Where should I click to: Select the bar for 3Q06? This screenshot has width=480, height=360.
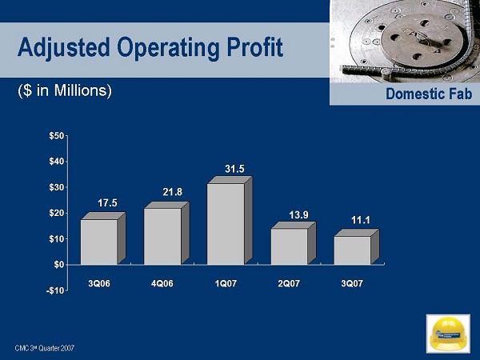coord(99,242)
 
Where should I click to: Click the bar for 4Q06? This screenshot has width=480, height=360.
coord(162,236)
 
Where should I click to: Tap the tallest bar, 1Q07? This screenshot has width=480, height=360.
coord(226,224)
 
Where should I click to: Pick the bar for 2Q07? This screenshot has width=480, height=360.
coord(289,246)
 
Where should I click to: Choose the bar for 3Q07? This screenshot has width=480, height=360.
coord(352,250)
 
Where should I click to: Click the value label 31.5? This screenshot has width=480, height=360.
coord(234,169)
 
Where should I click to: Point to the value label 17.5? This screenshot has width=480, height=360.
coord(108,204)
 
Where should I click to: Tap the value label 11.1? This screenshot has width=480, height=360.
coord(361,220)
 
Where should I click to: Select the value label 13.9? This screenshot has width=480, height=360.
coord(298,214)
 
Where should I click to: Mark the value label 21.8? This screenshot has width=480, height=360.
coord(172,192)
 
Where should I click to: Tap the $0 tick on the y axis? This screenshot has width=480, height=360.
coord(58,264)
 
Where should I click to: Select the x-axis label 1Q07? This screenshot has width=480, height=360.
coord(226,284)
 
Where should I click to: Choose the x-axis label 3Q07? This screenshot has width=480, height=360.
coord(352,284)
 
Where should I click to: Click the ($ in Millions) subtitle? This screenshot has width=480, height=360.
coord(65,91)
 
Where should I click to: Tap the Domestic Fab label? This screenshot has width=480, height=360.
coord(431,95)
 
